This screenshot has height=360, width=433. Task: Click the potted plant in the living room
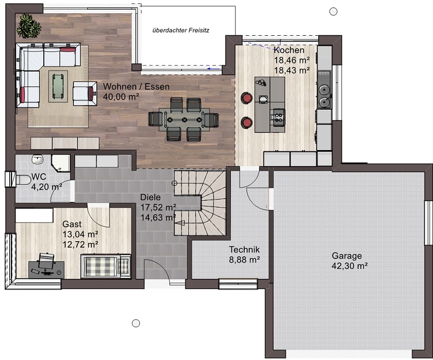click(28, 26)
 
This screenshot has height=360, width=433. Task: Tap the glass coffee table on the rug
click(58, 87)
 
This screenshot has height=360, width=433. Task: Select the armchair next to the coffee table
click(85, 93)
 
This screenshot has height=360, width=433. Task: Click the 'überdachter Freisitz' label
click(181, 30)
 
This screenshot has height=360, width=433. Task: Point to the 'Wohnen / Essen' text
click(136, 87)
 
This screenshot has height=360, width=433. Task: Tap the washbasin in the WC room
click(37, 159)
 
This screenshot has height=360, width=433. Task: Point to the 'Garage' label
click(346, 256)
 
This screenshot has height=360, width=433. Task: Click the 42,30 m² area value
click(350, 266)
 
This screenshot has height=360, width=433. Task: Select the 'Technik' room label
click(244, 249)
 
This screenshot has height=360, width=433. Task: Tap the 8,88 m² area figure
click(244, 260)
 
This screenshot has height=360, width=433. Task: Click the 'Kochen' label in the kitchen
click(289, 50)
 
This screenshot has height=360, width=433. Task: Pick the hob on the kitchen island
click(279, 115)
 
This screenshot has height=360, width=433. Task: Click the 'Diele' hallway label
click(150, 197)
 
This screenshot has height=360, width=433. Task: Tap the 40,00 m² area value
click(121, 96)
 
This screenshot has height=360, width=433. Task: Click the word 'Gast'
click(72, 224)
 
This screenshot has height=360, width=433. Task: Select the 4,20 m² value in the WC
click(47, 187)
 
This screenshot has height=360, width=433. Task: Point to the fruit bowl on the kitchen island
click(262, 82)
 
